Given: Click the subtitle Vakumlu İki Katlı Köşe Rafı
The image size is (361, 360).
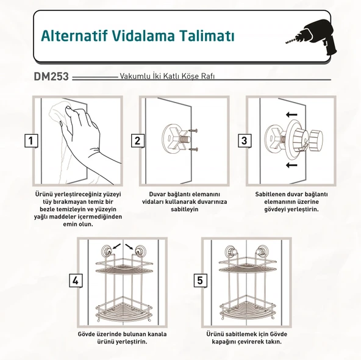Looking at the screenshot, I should pos(168,78).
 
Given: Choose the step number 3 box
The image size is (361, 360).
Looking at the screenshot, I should pos(245,141).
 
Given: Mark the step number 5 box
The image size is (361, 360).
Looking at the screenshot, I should pos(199,281).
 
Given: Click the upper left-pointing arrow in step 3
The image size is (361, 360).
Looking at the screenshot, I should pos(291,114).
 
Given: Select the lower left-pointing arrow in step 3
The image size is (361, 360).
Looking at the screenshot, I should pos(291,165).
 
